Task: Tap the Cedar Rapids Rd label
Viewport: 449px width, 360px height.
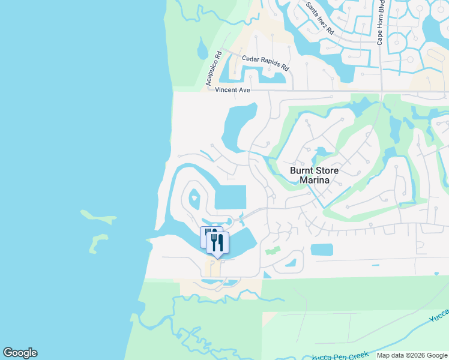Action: [265, 62]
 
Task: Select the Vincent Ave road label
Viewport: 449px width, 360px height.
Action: [233, 90]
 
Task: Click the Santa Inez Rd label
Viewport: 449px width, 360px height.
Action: [320, 18]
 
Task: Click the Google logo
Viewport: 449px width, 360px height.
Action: [20, 353]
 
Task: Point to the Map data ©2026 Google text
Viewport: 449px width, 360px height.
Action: [411, 355]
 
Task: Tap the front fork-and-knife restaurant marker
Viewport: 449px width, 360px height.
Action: [218, 242]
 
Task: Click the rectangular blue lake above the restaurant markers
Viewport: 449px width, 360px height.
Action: [231, 197]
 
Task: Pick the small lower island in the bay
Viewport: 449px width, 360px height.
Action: [95, 243]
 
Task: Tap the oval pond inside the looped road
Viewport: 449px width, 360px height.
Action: [194, 197]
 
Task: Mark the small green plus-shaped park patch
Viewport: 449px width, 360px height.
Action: [273, 250]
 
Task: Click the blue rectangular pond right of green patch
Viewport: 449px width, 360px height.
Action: [322, 249]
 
